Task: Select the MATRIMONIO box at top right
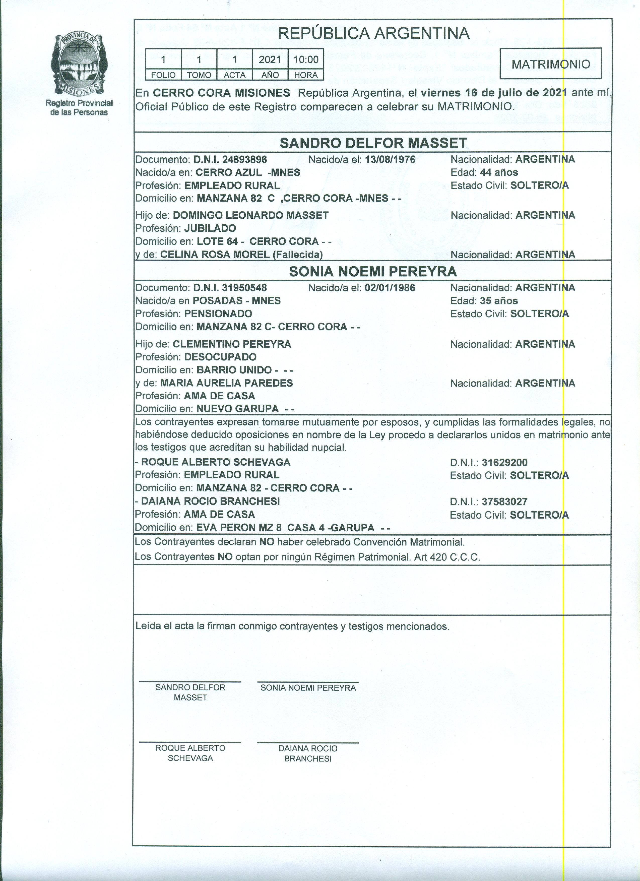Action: tap(550, 64)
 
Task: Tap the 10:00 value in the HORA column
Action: tap(306, 59)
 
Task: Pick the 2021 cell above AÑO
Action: tap(270, 59)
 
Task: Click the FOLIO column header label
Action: tap(163, 75)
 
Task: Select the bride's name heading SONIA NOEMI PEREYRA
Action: tap(373, 272)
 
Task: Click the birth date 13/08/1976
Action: tap(390, 159)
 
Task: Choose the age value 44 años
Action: tap(499, 172)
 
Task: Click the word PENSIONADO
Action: tap(218, 313)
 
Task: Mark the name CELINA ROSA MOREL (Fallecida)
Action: tap(241, 255)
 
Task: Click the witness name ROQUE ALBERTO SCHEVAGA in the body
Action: tap(216, 462)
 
